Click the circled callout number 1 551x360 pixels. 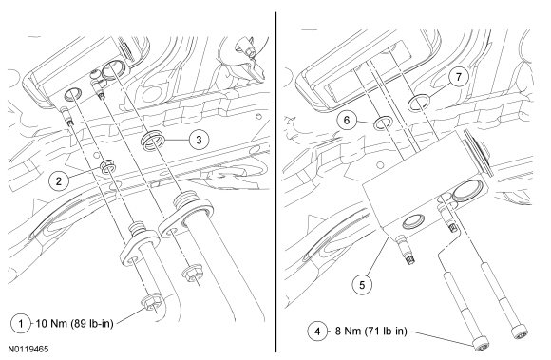pos(21,324)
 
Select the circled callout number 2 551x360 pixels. pos(59,181)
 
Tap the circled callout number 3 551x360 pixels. pos(199,140)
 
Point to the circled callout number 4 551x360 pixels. pos(317,332)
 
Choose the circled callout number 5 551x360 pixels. pos(362,285)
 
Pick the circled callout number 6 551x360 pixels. pos(347,121)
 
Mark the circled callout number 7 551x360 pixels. pos(459,77)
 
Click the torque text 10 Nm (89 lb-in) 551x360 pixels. pos(75,324)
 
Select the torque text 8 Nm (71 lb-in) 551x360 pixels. pos(370,332)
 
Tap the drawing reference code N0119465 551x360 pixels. pos(28,350)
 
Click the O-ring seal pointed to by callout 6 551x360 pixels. pos(383,123)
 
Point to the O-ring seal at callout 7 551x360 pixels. pos(418,103)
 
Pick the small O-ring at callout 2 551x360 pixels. pos(106,166)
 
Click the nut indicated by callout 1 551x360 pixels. pos(152,304)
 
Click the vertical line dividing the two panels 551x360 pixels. pos(276,182)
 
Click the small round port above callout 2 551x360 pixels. pos(73,94)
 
